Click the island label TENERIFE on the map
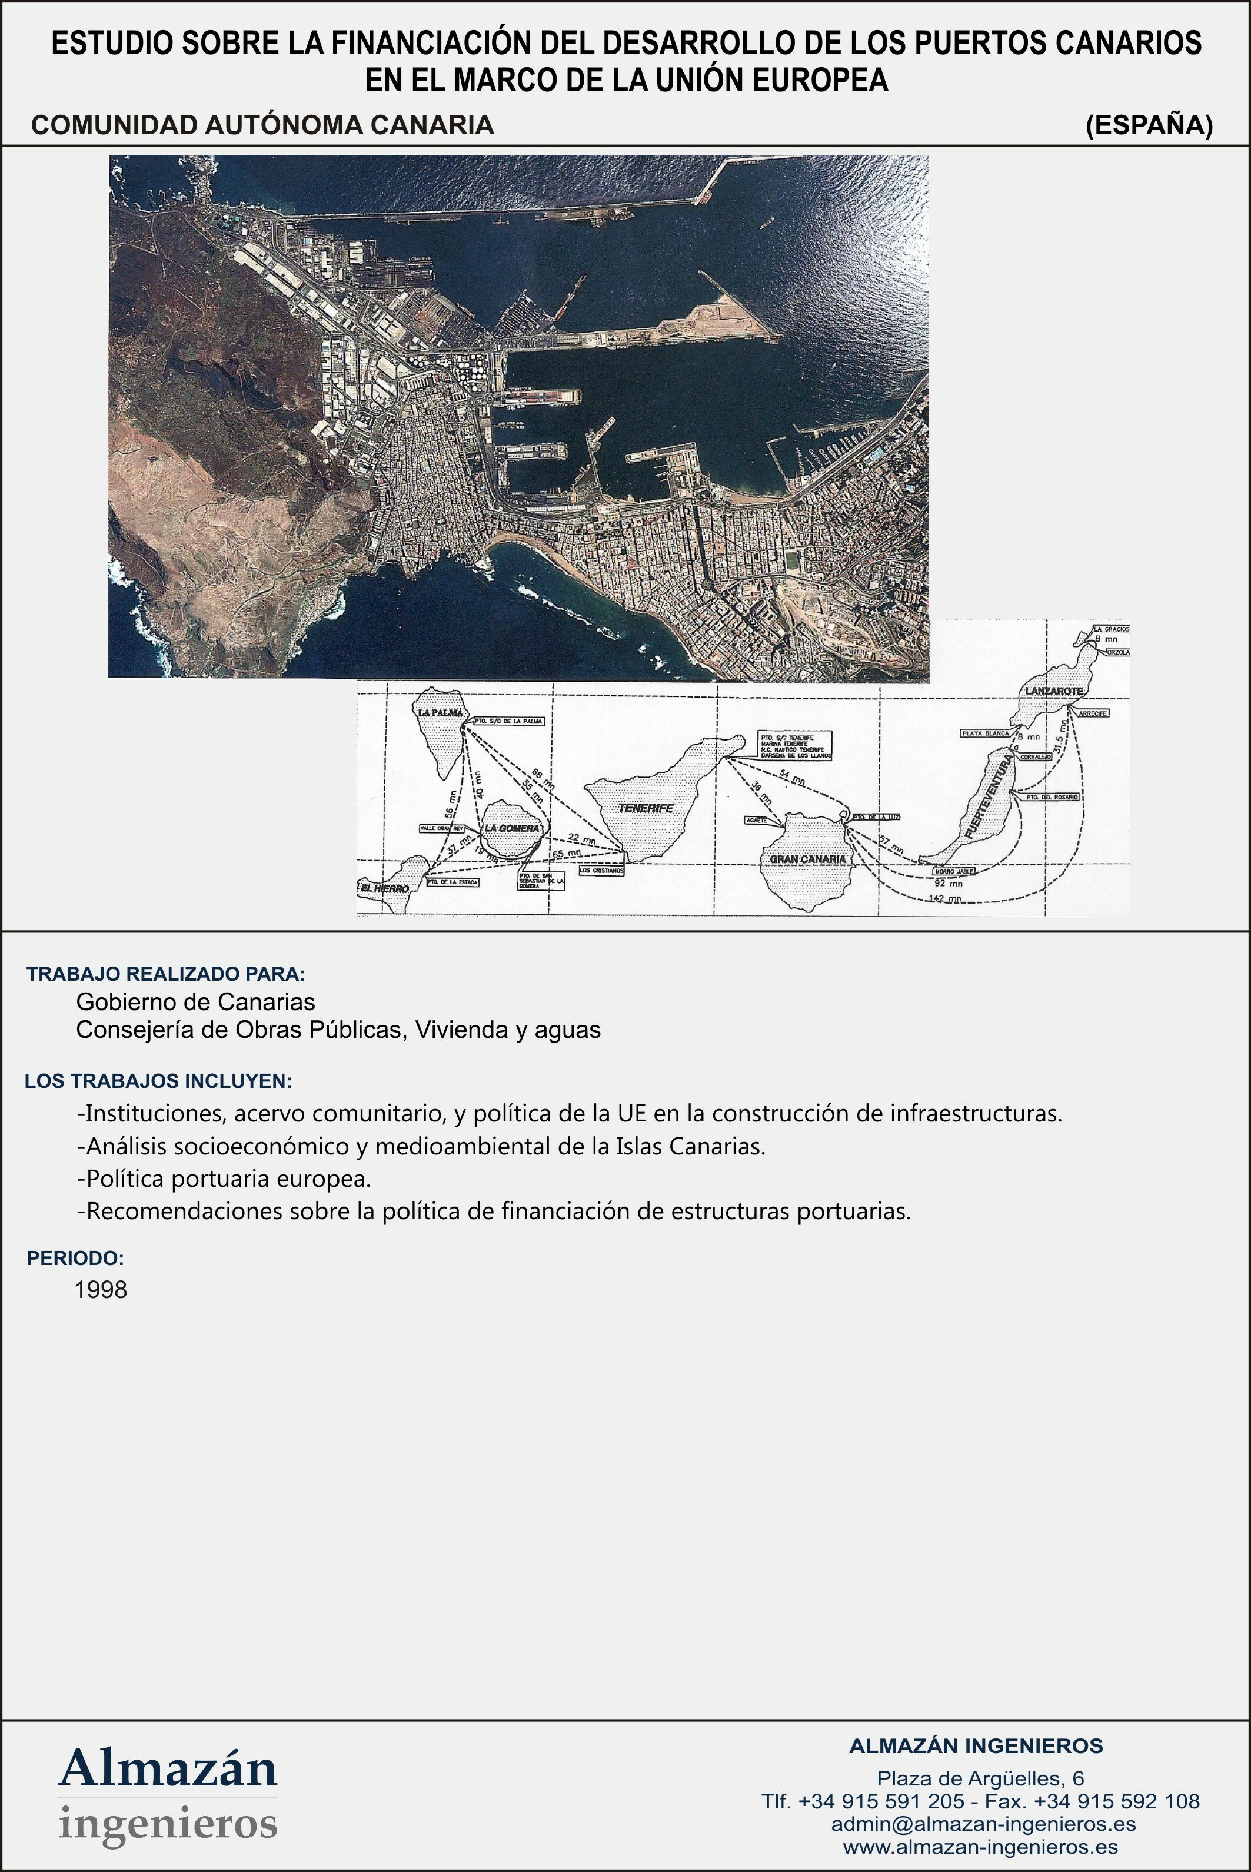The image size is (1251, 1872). tap(646, 808)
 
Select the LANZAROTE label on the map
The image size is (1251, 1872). tap(1054, 691)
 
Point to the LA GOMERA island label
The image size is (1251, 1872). tap(511, 828)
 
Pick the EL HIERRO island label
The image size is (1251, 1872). tap(385, 888)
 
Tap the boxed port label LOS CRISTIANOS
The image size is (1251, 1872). tap(601, 871)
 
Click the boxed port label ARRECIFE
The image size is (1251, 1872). tap(1092, 713)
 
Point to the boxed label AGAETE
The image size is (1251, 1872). tap(755, 820)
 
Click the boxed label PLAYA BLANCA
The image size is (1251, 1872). tap(985, 732)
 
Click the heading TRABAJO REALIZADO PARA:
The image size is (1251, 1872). tap(166, 974)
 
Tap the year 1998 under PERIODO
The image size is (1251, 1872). tap(101, 1290)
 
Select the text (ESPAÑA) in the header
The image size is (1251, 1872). tap(1148, 125)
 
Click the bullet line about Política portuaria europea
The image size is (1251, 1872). tap(224, 1179)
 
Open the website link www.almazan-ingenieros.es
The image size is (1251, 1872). tap(980, 1847)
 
